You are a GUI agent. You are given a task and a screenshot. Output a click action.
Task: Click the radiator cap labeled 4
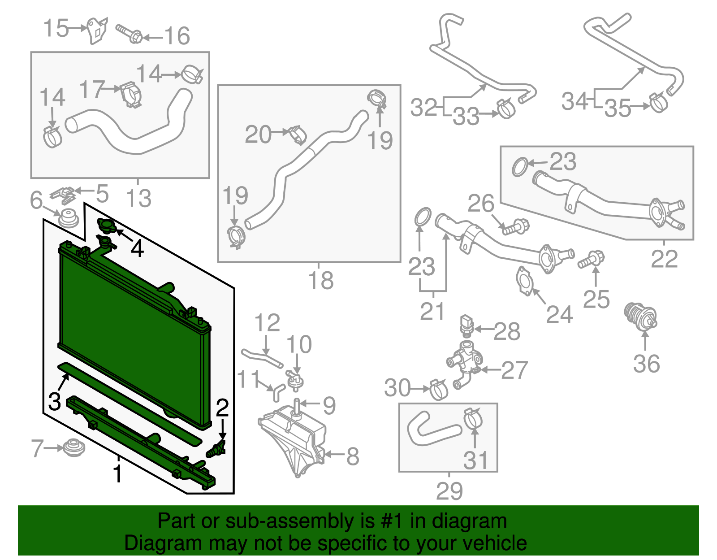(107, 226)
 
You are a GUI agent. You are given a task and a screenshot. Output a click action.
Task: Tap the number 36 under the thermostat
(646, 364)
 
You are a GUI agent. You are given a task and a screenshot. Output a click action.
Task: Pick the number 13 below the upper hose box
(138, 198)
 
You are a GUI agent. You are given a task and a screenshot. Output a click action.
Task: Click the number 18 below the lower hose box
(321, 281)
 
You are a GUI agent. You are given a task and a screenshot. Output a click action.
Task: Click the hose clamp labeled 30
(438, 389)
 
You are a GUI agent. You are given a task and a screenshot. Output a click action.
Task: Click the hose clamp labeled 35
(658, 103)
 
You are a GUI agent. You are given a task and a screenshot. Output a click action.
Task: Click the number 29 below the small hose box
(449, 491)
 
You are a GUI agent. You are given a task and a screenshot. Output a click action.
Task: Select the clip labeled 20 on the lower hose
(297, 135)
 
